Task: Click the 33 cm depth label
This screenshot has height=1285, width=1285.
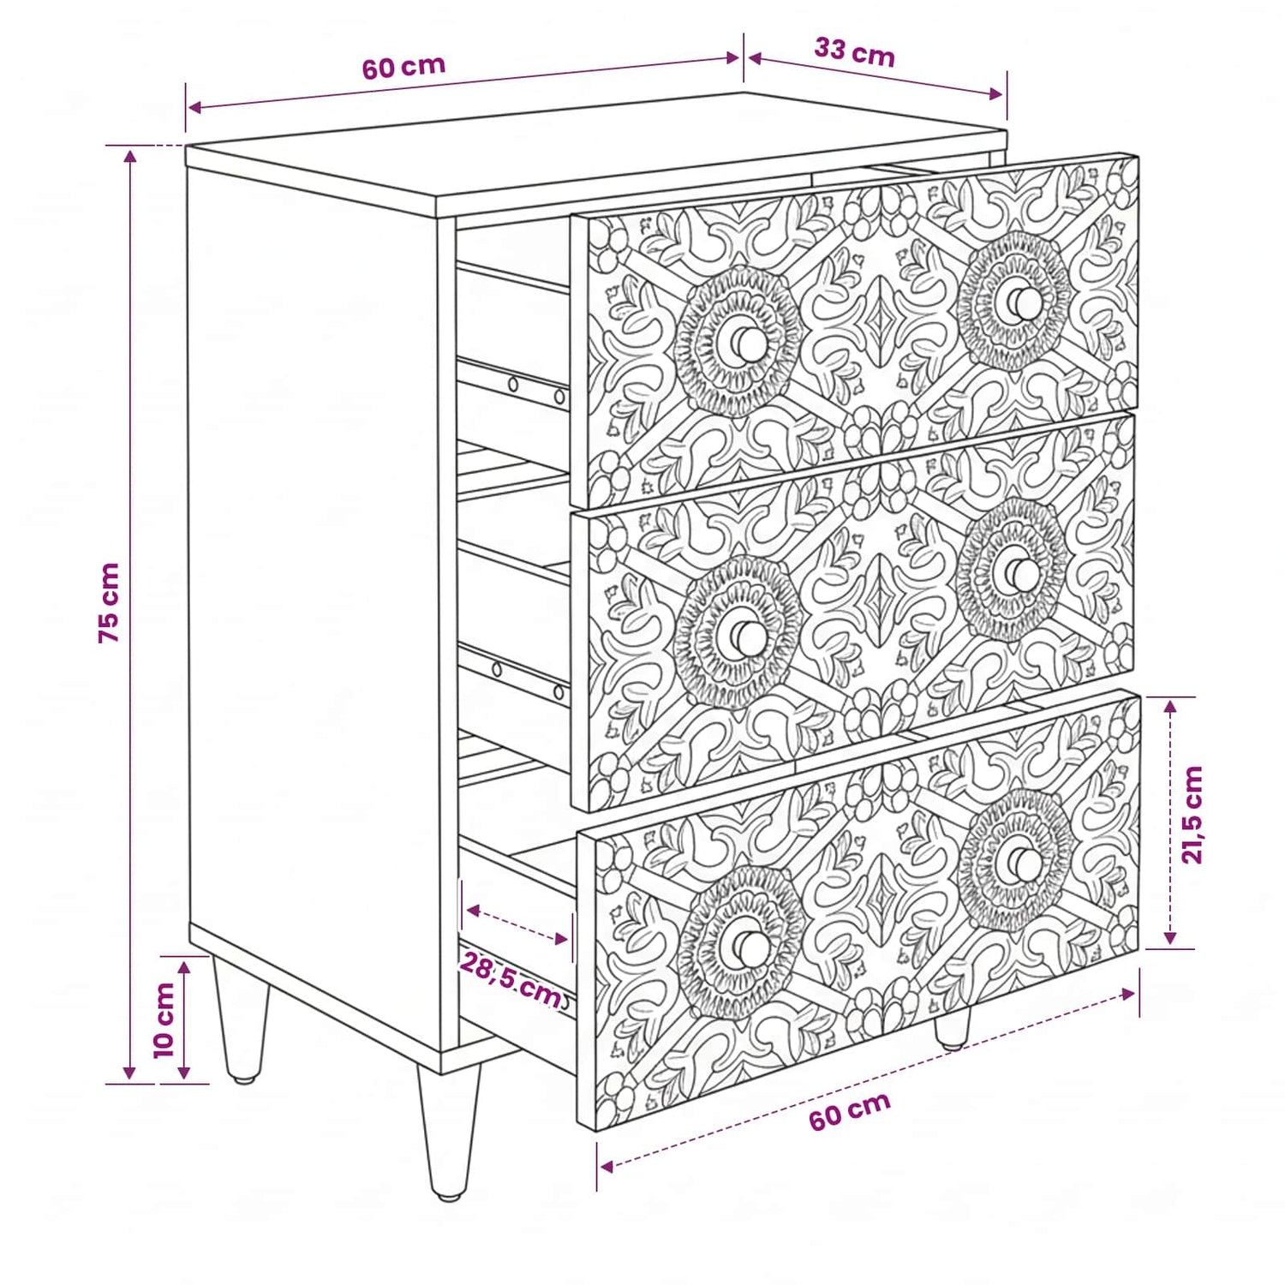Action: coord(854,52)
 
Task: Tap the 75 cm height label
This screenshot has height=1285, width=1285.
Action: coord(109,603)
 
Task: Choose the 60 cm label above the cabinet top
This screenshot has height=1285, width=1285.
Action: coord(403,67)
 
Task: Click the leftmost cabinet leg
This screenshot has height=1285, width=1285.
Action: coord(241,1019)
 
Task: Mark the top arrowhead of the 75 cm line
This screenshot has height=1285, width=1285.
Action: coord(130,157)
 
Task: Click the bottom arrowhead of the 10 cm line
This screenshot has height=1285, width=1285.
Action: coord(184,1073)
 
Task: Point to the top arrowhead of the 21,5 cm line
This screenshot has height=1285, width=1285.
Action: coord(1169,705)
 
